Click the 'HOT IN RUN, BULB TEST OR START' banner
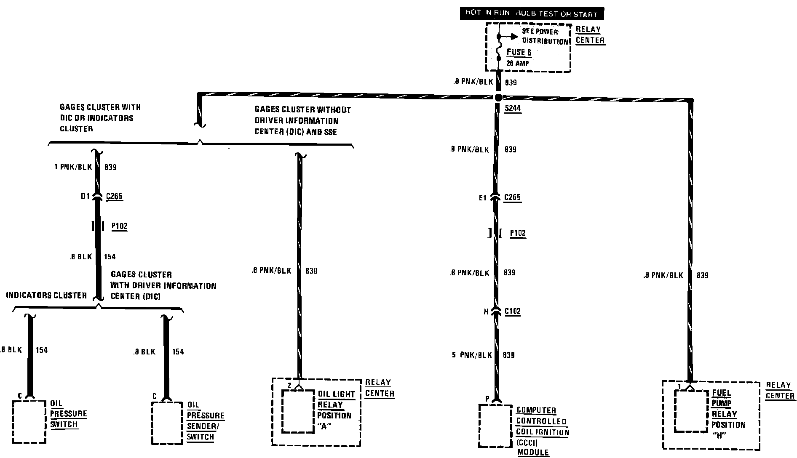point(531,13)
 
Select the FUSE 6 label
point(519,53)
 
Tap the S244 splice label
point(513,108)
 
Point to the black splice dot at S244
point(498,97)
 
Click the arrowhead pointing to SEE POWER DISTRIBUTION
point(514,37)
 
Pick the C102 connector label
point(512,312)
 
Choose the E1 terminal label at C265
point(482,197)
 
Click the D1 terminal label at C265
point(86,196)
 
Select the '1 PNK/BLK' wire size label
point(73,167)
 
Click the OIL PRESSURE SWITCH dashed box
point(29,421)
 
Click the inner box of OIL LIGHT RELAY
point(298,411)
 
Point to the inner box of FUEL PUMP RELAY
point(691,410)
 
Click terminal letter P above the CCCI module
point(487,399)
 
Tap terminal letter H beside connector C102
point(486,312)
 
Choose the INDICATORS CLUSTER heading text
point(46,296)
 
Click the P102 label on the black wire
point(119,226)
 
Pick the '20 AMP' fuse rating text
point(518,64)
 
